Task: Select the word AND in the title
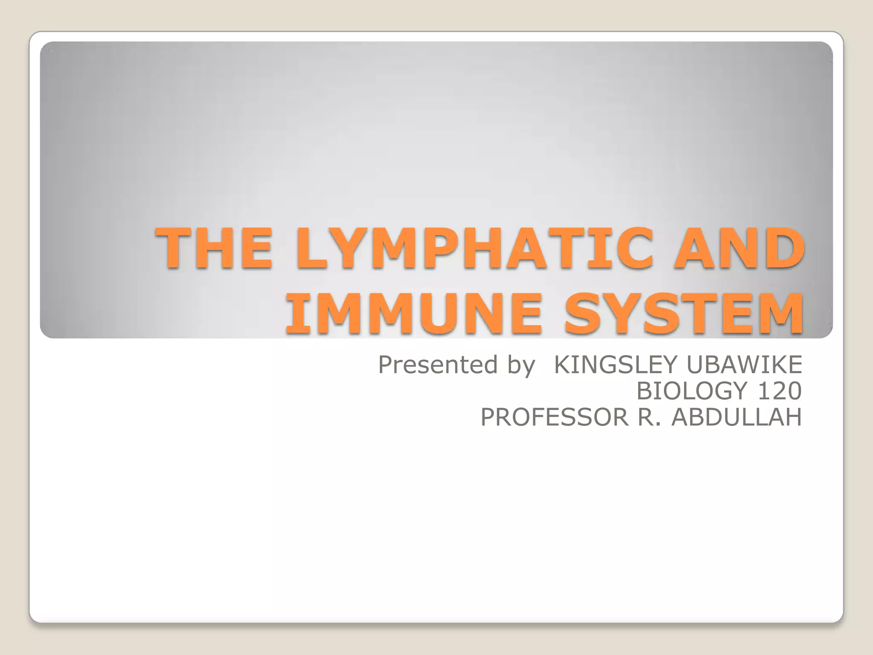pyautogui.click(x=739, y=248)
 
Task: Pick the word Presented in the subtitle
pyautogui.click(x=438, y=365)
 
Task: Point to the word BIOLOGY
pyautogui.click(x=692, y=391)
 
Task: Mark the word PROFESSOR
pyautogui.click(x=555, y=417)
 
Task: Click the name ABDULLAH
pyautogui.click(x=737, y=417)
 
